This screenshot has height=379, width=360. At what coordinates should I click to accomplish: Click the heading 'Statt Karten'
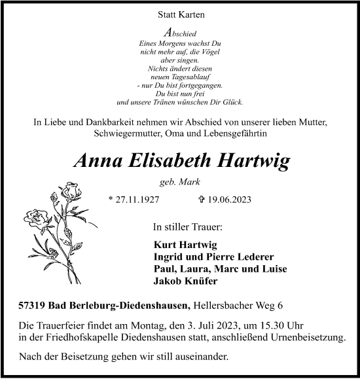tap(179, 14)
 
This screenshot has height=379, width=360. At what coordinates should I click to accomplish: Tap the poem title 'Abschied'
tap(180, 31)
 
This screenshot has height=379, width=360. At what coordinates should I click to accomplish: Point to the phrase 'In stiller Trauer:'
tap(187, 227)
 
